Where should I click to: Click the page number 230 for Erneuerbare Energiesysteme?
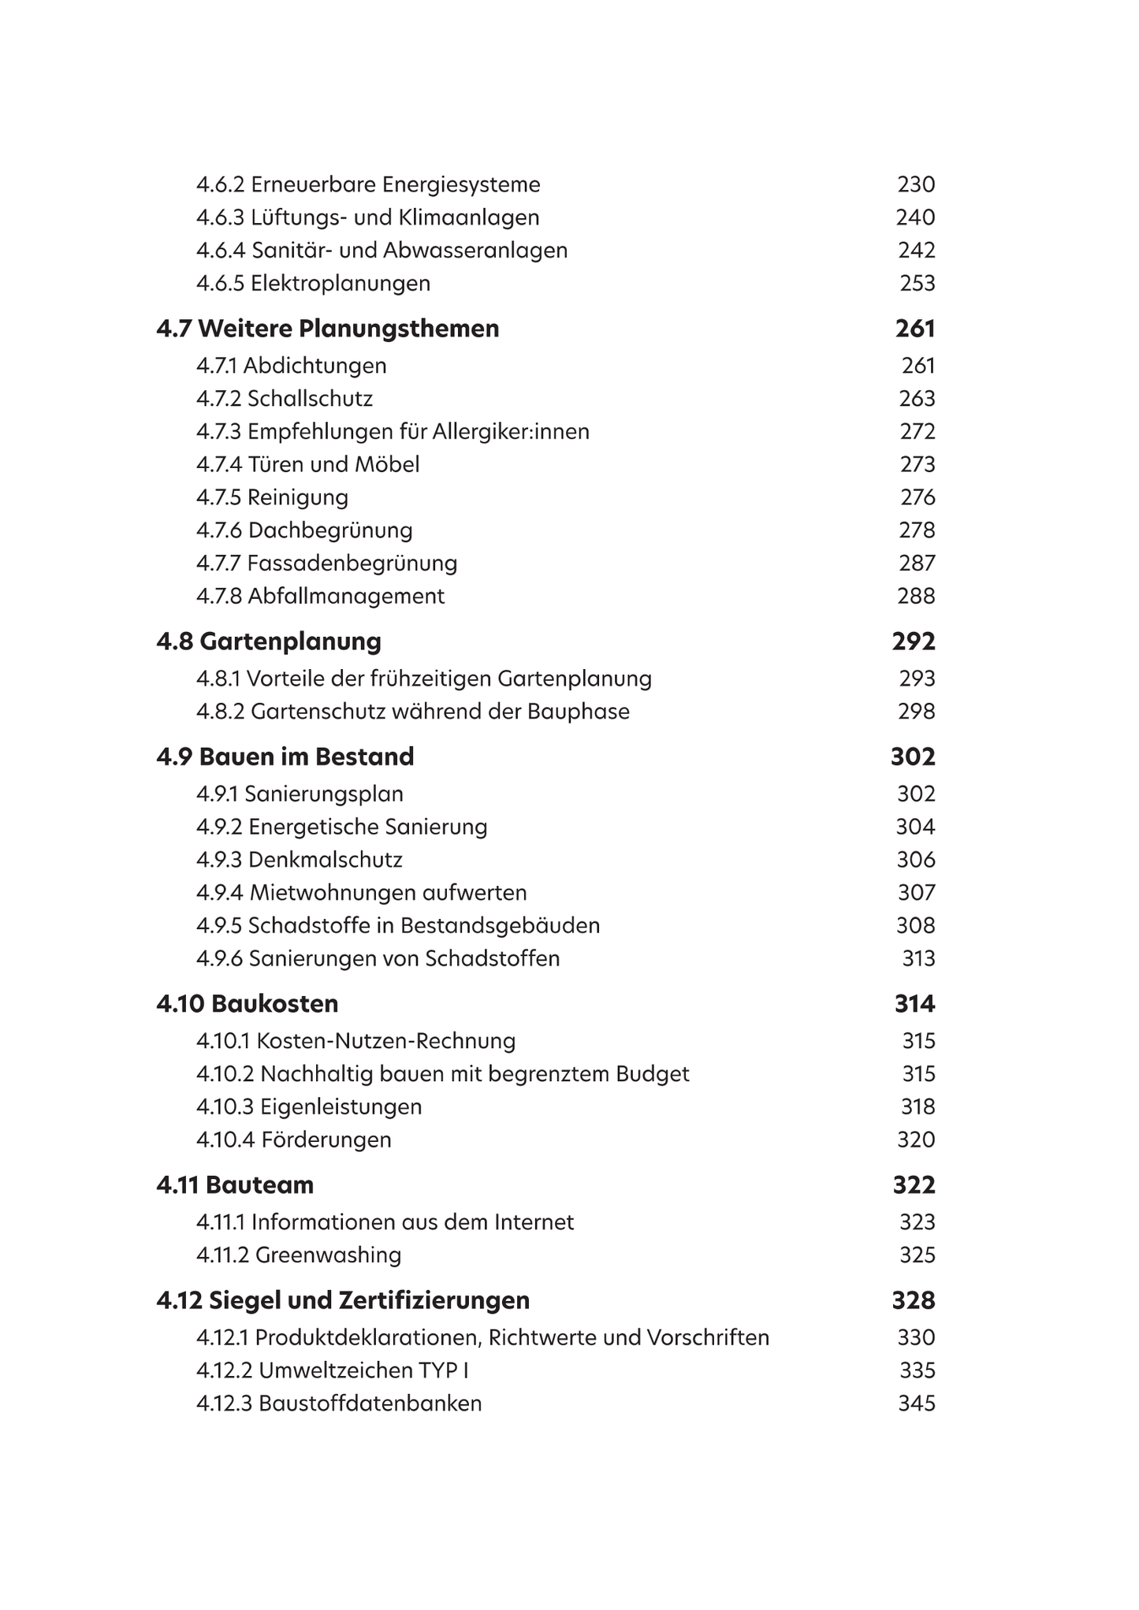click(x=916, y=184)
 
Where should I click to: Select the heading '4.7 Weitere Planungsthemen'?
click(x=328, y=328)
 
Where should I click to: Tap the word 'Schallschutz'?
click(x=311, y=398)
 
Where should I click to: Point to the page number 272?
click(x=918, y=431)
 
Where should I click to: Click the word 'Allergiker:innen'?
click(x=511, y=431)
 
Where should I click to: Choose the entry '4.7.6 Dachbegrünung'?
click(x=304, y=530)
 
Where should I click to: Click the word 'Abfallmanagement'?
click(x=346, y=596)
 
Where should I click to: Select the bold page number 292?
click(x=914, y=641)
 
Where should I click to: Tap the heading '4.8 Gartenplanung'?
click(x=269, y=641)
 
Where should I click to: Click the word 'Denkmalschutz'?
click(x=326, y=859)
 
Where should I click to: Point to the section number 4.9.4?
click(x=220, y=892)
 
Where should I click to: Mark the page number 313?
click(x=918, y=958)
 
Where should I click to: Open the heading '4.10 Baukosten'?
click(x=248, y=1003)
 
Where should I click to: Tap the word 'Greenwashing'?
click(x=328, y=1255)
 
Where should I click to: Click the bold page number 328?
click(x=914, y=1300)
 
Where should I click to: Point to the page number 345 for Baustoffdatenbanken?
click(x=917, y=1404)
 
